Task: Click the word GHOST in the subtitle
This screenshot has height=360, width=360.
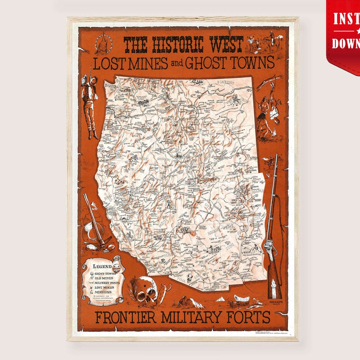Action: tap(207, 63)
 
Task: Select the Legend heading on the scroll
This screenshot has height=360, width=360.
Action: tap(102, 266)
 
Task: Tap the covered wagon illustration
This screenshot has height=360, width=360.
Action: tap(242, 299)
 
